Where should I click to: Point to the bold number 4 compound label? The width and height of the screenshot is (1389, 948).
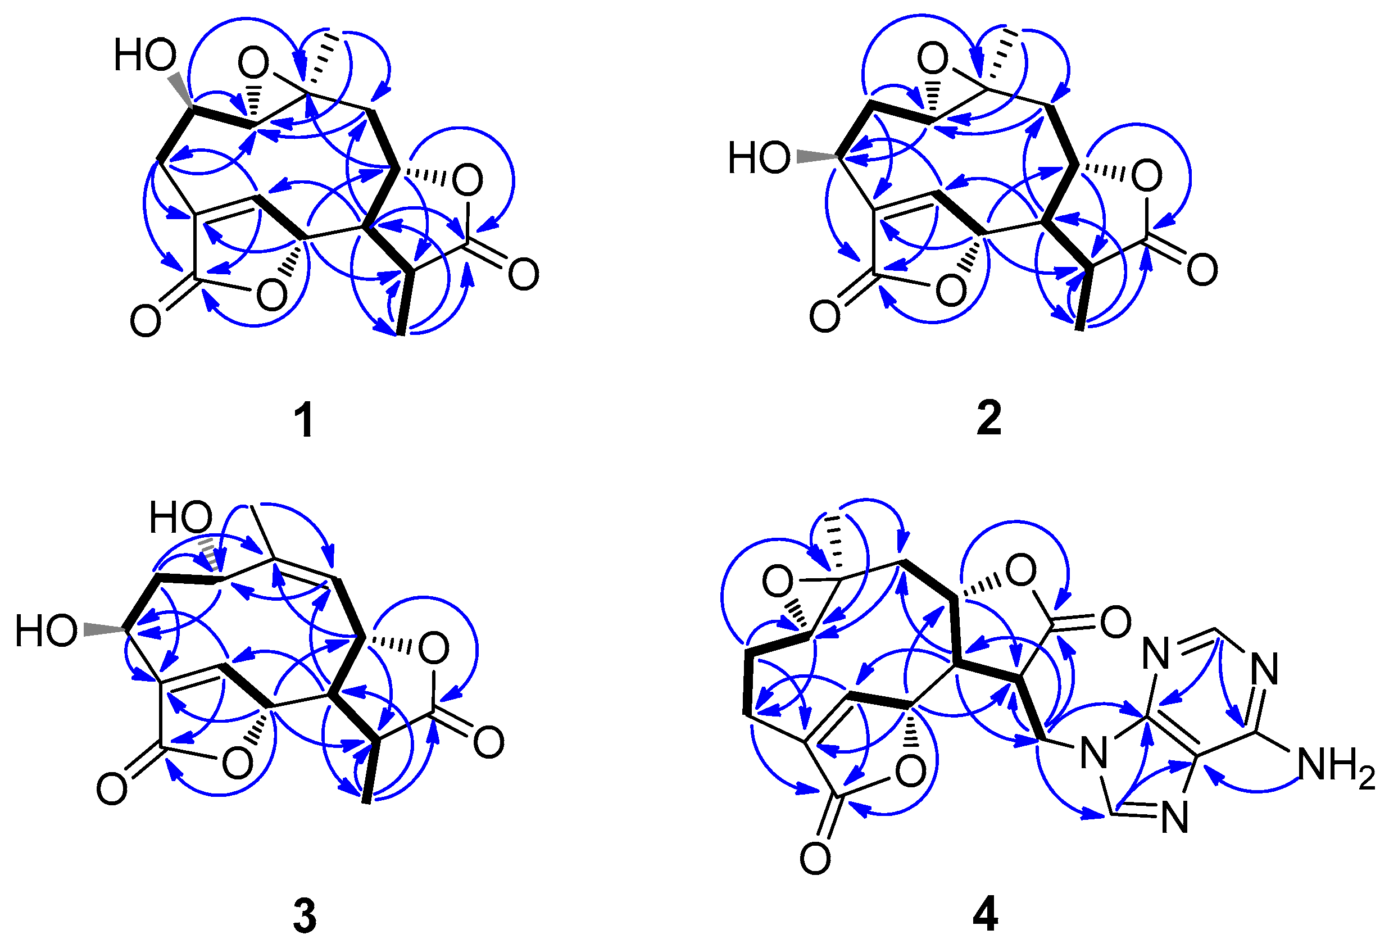986,915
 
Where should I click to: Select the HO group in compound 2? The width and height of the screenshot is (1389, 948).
759,158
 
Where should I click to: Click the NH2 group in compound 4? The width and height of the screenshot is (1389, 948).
1336,767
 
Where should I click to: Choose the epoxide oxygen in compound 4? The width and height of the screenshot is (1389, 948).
778,582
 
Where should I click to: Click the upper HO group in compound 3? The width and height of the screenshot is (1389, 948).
180,517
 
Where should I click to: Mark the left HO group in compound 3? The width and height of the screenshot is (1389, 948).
46,631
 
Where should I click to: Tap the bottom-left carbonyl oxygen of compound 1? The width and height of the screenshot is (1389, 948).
145,320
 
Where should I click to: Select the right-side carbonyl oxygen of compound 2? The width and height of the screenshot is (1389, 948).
1202,270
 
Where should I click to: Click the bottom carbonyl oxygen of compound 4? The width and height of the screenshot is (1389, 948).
815,860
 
